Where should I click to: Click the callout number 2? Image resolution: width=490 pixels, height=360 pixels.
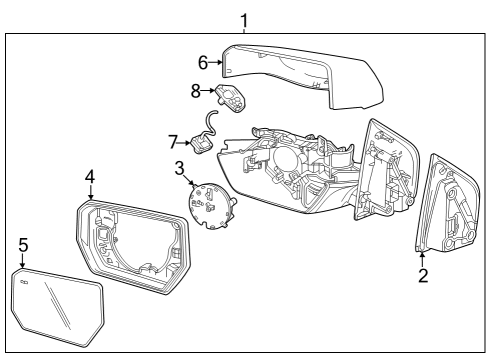click(423, 276)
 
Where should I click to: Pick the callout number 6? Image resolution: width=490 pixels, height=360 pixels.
click(202, 62)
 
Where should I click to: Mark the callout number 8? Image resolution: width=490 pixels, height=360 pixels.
click(196, 89)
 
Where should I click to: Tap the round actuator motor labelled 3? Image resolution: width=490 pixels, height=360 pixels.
click(211, 206)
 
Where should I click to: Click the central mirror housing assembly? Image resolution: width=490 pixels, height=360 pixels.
click(290, 170)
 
